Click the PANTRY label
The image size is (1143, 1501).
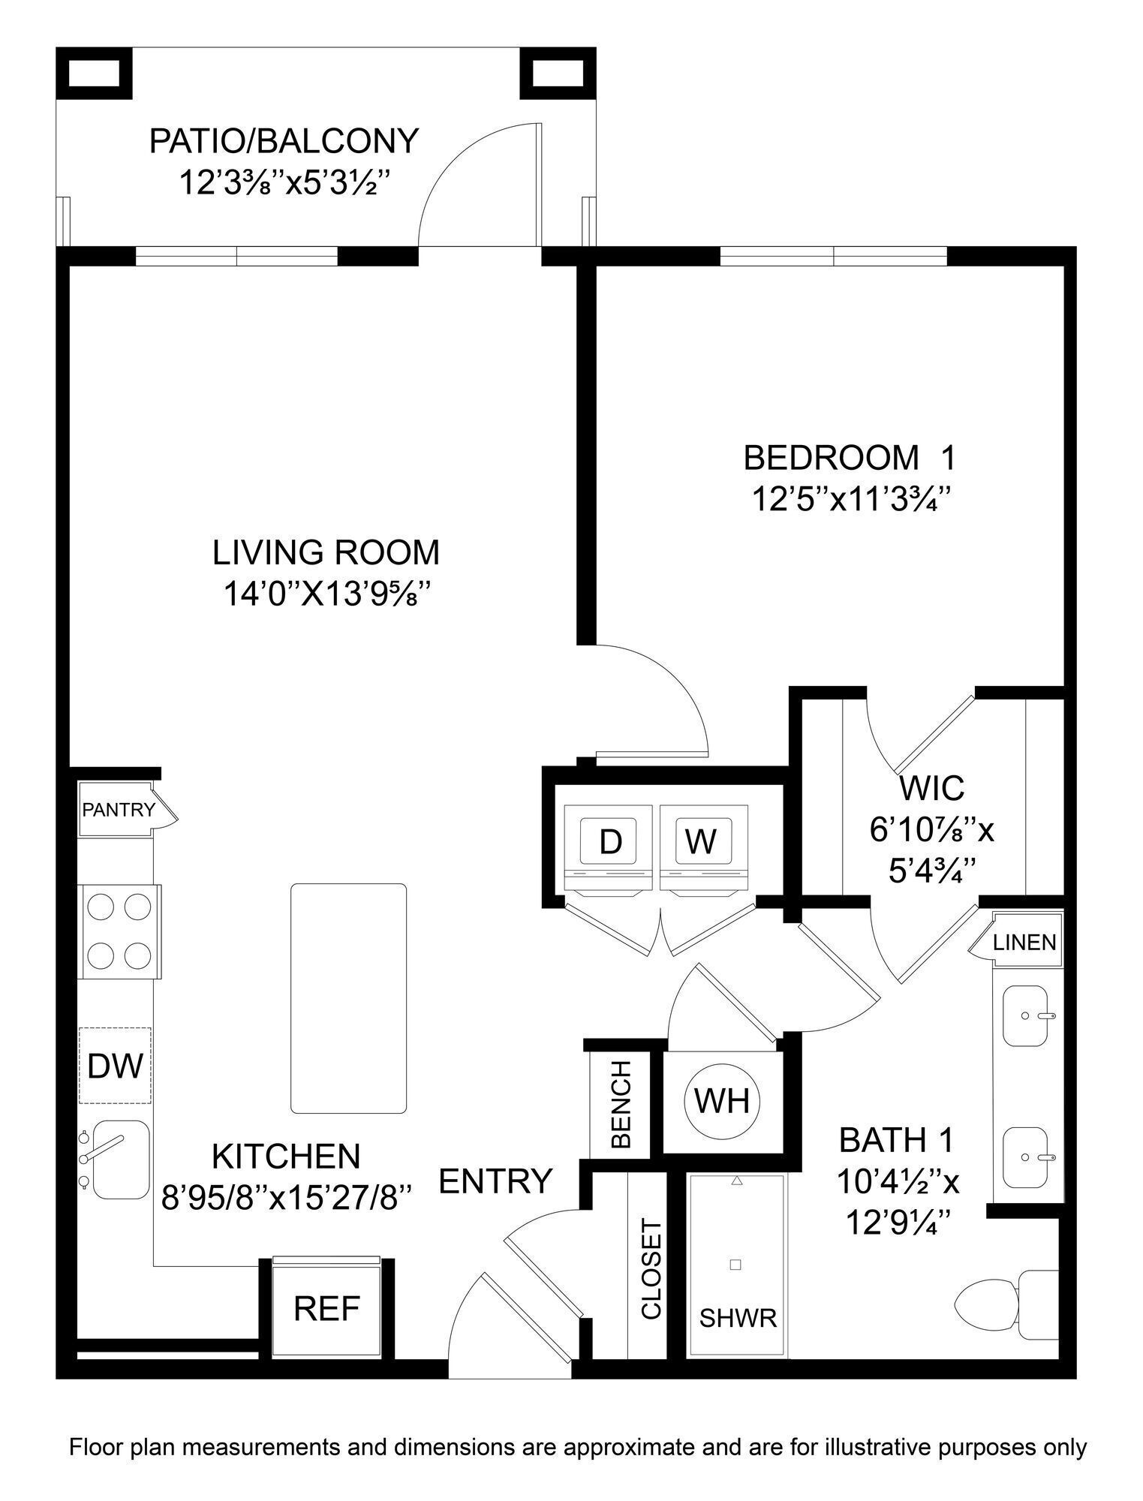(x=118, y=810)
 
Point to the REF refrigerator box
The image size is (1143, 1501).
(x=326, y=1309)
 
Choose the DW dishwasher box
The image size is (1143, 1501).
(x=115, y=1066)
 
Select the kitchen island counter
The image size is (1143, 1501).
(x=348, y=998)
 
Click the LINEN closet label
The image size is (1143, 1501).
(x=1024, y=943)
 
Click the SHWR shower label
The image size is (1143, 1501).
(x=737, y=1318)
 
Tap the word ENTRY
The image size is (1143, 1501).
(x=495, y=1181)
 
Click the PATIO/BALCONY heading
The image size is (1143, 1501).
(x=284, y=141)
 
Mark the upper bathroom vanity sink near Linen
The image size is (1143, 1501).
(x=1024, y=1016)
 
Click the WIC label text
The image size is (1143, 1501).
(x=931, y=788)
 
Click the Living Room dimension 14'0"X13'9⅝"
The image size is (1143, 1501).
(x=326, y=594)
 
